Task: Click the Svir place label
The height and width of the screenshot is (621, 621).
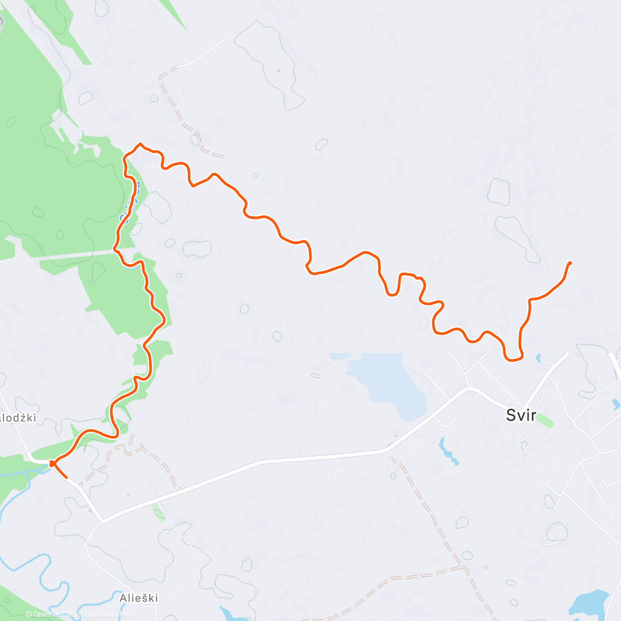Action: [521, 415]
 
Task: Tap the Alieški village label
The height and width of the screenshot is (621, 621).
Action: [139, 598]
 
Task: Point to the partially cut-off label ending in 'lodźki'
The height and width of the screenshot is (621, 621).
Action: [19, 418]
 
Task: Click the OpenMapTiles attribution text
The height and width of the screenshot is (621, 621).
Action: [52, 614]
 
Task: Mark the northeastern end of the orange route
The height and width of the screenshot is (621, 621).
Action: [570, 263]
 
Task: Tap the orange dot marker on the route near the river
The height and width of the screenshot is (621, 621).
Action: [52, 463]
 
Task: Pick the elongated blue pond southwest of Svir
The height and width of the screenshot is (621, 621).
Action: [448, 450]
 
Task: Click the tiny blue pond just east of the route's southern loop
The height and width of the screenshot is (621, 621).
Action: [538, 357]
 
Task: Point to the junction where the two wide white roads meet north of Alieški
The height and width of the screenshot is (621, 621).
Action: [102, 521]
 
